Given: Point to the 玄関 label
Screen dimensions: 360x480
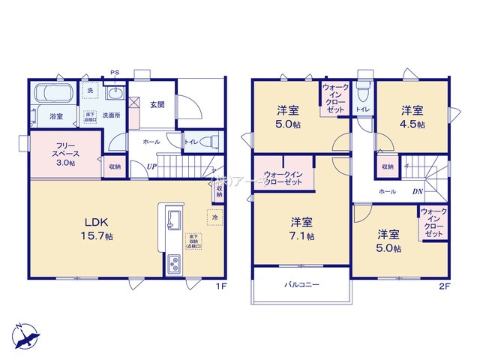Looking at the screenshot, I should coord(157,105).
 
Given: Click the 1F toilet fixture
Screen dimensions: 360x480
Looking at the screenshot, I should coord(210,140).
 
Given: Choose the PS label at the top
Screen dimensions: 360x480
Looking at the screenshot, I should coord(115,73).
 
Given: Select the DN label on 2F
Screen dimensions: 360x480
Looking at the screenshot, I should coord(416,191).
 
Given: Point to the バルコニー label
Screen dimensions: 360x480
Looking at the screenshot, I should coord(301,285).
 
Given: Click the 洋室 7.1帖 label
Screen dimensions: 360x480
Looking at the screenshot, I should coord(301,228).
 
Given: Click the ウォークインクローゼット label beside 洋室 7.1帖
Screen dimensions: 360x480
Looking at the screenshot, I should coord(283,181).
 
